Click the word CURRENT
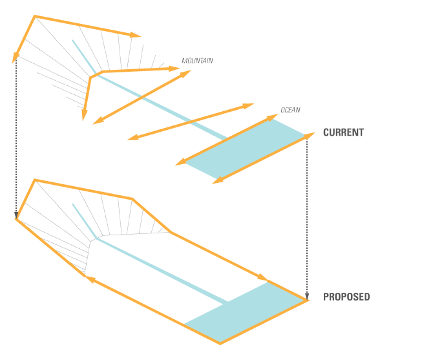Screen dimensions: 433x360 pos(343,132)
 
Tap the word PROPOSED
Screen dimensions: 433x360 pos(346,297)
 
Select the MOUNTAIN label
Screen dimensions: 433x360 pos(197,61)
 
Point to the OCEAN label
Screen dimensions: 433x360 pos(291,110)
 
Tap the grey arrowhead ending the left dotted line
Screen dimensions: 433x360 pos(16,215)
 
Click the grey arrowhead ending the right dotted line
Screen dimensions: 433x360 pos(307,297)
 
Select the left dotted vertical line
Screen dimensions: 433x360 pos(16,135)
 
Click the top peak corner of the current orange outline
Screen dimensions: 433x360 pos(34,16)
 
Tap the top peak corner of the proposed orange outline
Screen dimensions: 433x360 pos(34,180)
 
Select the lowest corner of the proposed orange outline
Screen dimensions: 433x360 pos(220,343)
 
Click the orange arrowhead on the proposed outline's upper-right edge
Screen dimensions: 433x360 pos(263,277)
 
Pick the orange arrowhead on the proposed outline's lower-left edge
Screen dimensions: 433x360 pos(90,279)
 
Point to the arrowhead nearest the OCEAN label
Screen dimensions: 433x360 pos(273,118)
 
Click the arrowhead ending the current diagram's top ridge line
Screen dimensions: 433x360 pos(135,35)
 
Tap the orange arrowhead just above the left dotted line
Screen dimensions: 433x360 pos(16,58)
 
